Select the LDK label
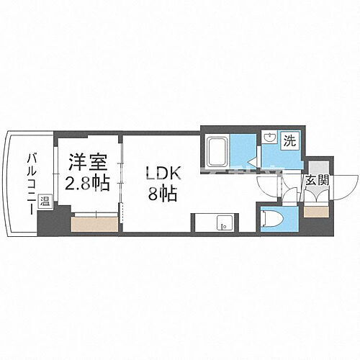click(x=161, y=174)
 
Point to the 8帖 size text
click(x=161, y=194)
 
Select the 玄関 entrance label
click(x=318, y=180)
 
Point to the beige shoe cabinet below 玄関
click(x=315, y=212)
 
